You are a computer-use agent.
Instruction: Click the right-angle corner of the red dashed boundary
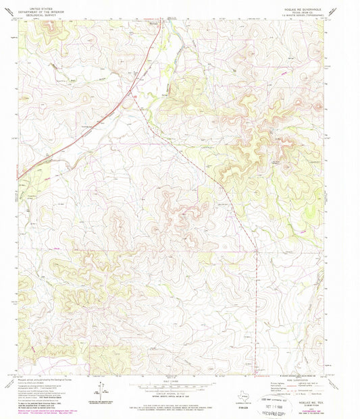click(x=257, y=252)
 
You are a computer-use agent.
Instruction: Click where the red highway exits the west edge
click(x=20, y=178)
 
